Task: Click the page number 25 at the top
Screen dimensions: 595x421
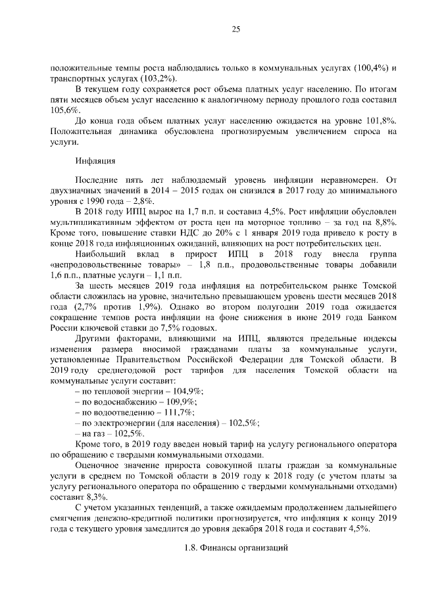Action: (235, 28)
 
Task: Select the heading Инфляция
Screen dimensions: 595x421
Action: (96, 160)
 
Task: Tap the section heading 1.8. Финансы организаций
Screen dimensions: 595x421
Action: (235, 548)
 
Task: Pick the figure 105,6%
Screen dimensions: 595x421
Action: (63, 111)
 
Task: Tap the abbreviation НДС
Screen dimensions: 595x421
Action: (186, 233)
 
